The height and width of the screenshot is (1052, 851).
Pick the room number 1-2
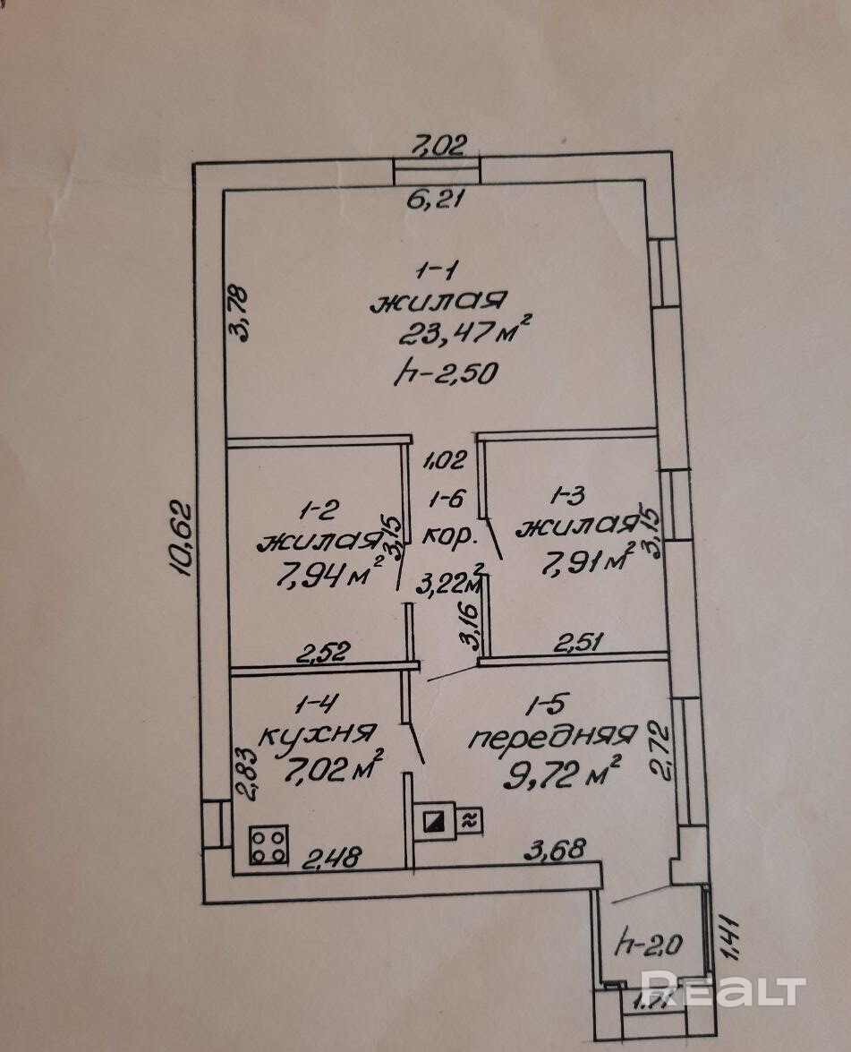pyautogui.click(x=319, y=510)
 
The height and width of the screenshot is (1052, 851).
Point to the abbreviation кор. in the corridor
pyautogui.click(x=441, y=535)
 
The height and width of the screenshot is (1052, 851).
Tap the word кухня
pyautogui.click(x=315, y=736)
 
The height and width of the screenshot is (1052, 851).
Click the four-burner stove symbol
pyautogui.click(x=269, y=844)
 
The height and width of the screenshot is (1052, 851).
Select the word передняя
pyautogui.click(x=552, y=738)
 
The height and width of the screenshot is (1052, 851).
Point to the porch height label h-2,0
pyautogui.click(x=650, y=943)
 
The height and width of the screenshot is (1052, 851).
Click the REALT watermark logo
pyautogui.click(x=723, y=990)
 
